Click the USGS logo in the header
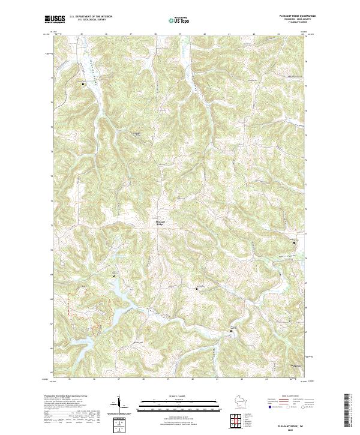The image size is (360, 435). click(x=55, y=20)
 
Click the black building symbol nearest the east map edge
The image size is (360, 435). click(x=294, y=242)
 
